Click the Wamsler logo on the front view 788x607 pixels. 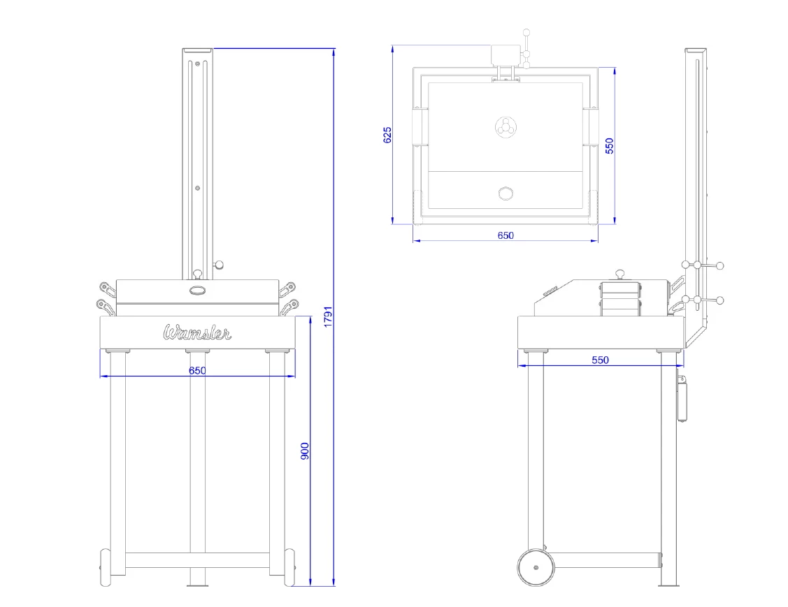point(197,332)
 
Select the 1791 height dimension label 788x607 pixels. point(328,317)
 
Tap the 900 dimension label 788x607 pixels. point(305,451)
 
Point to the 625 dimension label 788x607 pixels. point(387,135)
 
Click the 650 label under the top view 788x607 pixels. point(506,235)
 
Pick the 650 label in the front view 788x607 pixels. point(197,370)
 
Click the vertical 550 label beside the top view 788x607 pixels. point(610,145)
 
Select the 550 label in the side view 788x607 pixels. point(600,360)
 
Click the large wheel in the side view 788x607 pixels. point(536,567)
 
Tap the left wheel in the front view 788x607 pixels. point(105,567)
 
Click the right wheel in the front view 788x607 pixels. point(290,567)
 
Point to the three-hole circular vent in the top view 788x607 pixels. point(505,126)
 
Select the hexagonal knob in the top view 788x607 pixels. point(506,193)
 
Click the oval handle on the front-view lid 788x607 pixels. point(197,290)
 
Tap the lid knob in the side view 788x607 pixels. point(621,274)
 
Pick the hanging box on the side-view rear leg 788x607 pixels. point(682,400)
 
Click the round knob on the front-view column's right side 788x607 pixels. point(218,265)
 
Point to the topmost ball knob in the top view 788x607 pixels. point(526,33)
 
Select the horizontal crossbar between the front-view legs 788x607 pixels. point(197,560)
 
